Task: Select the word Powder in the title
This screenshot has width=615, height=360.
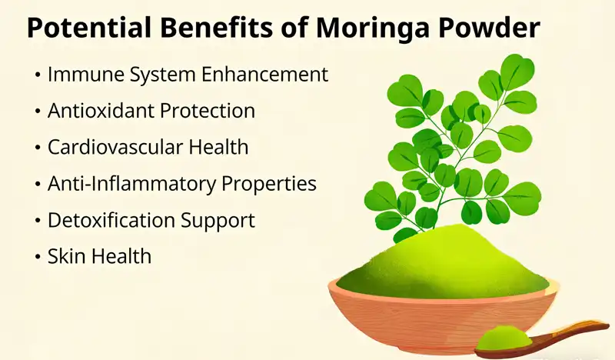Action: [490, 28]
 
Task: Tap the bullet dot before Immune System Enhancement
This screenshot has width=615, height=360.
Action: [38, 75]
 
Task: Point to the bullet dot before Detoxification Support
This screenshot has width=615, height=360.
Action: [38, 221]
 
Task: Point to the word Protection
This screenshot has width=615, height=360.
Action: [207, 111]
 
